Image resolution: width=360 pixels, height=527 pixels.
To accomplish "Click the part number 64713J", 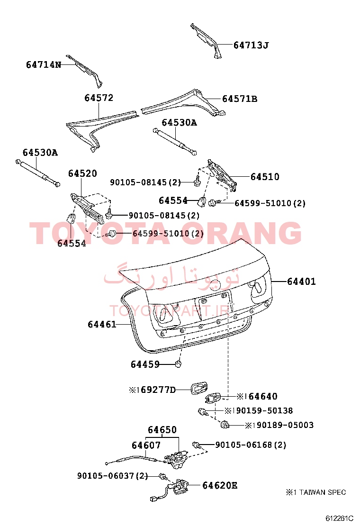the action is [x=251, y=45].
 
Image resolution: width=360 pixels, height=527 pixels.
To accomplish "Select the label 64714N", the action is [x=44, y=64].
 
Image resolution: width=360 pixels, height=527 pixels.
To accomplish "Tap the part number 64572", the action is [x=99, y=98].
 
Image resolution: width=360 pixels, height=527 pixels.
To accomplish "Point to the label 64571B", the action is [x=240, y=99].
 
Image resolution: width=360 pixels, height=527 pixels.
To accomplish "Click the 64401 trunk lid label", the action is [x=301, y=282].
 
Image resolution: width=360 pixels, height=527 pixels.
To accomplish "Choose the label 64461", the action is [x=102, y=324].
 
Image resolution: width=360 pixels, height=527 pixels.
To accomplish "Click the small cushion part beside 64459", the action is [x=179, y=363].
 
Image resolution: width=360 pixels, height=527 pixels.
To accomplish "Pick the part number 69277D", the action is [x=158, y=390].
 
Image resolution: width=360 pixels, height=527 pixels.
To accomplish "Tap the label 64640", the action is [x=263, y=397].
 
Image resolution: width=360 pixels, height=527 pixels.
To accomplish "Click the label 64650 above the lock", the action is [x=162, y=430].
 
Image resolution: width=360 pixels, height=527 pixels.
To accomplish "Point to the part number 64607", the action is [x=146, y=445].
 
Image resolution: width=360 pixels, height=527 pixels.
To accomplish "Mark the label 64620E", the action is [x=220, y=485].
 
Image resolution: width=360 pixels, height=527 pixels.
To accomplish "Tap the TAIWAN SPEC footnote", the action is [x=315, y=492].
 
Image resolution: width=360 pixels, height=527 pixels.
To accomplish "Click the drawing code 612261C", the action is [x=339, y=518].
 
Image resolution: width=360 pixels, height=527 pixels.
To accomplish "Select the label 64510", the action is [x=265, y=177].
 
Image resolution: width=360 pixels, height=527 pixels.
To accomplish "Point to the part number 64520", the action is [x=82, y=173].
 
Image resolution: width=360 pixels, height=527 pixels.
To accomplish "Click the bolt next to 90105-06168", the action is [x=197, y=445].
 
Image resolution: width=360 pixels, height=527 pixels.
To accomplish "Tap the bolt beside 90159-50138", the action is [x=203, y=411].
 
